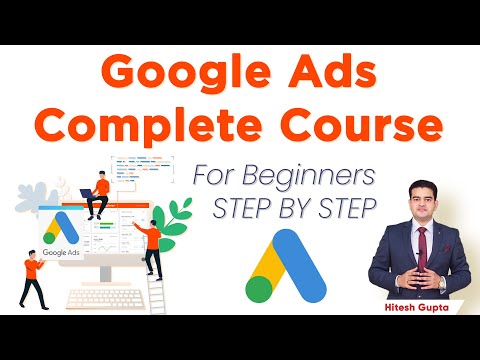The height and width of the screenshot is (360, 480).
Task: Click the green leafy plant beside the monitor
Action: (x=179, y=215)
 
